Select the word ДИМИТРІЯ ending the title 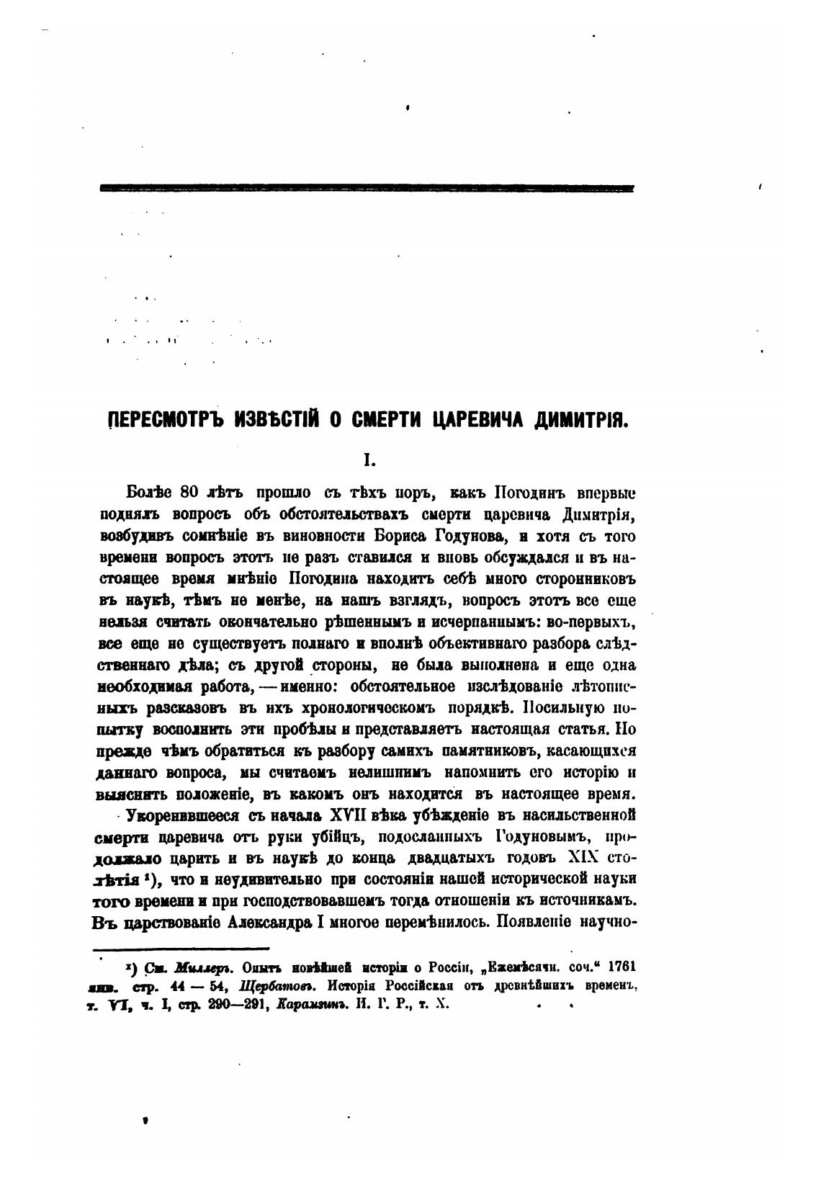coord(581,421)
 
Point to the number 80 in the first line coord(189,493)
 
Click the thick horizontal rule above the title coord(367,189)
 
